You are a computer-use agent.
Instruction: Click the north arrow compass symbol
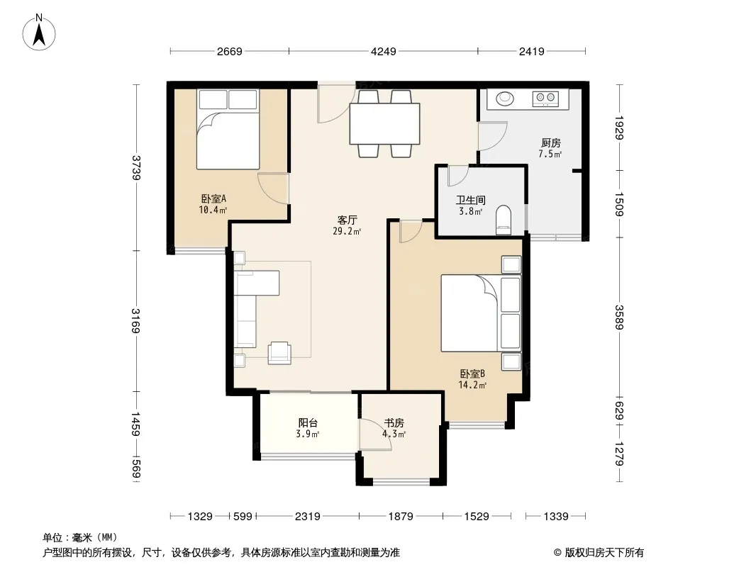[x=39, y=32]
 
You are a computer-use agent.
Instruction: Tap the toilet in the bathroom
[x=503, y=220]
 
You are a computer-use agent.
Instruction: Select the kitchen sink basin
[x=505, y=99]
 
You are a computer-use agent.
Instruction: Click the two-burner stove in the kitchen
[x=545, y=99]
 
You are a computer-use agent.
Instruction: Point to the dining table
[x=384, y=123]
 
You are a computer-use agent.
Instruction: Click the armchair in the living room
[x=279, y=353]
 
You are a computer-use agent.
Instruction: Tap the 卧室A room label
[x=213, y=198]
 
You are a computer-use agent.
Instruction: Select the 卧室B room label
[x=472, y=374]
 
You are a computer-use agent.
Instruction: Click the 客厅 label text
[x=347, y=220]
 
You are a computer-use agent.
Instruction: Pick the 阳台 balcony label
[x=308, y=423]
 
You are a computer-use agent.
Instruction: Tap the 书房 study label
[x=394, y=423]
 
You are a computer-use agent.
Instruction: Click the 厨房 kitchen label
[x=550, y=143]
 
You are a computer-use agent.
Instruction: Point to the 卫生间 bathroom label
[x=471, y=200]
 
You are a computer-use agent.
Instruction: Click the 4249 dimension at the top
[x=383, y=51]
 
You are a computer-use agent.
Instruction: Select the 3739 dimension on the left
[x=136, y=168]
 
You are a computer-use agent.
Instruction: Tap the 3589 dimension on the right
[x=619, y=318]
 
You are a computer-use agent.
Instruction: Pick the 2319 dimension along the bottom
[x=308, y=517]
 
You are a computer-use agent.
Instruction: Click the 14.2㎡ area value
[x=472, y=385]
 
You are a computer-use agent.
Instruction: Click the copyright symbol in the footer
[x=558, y=553]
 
